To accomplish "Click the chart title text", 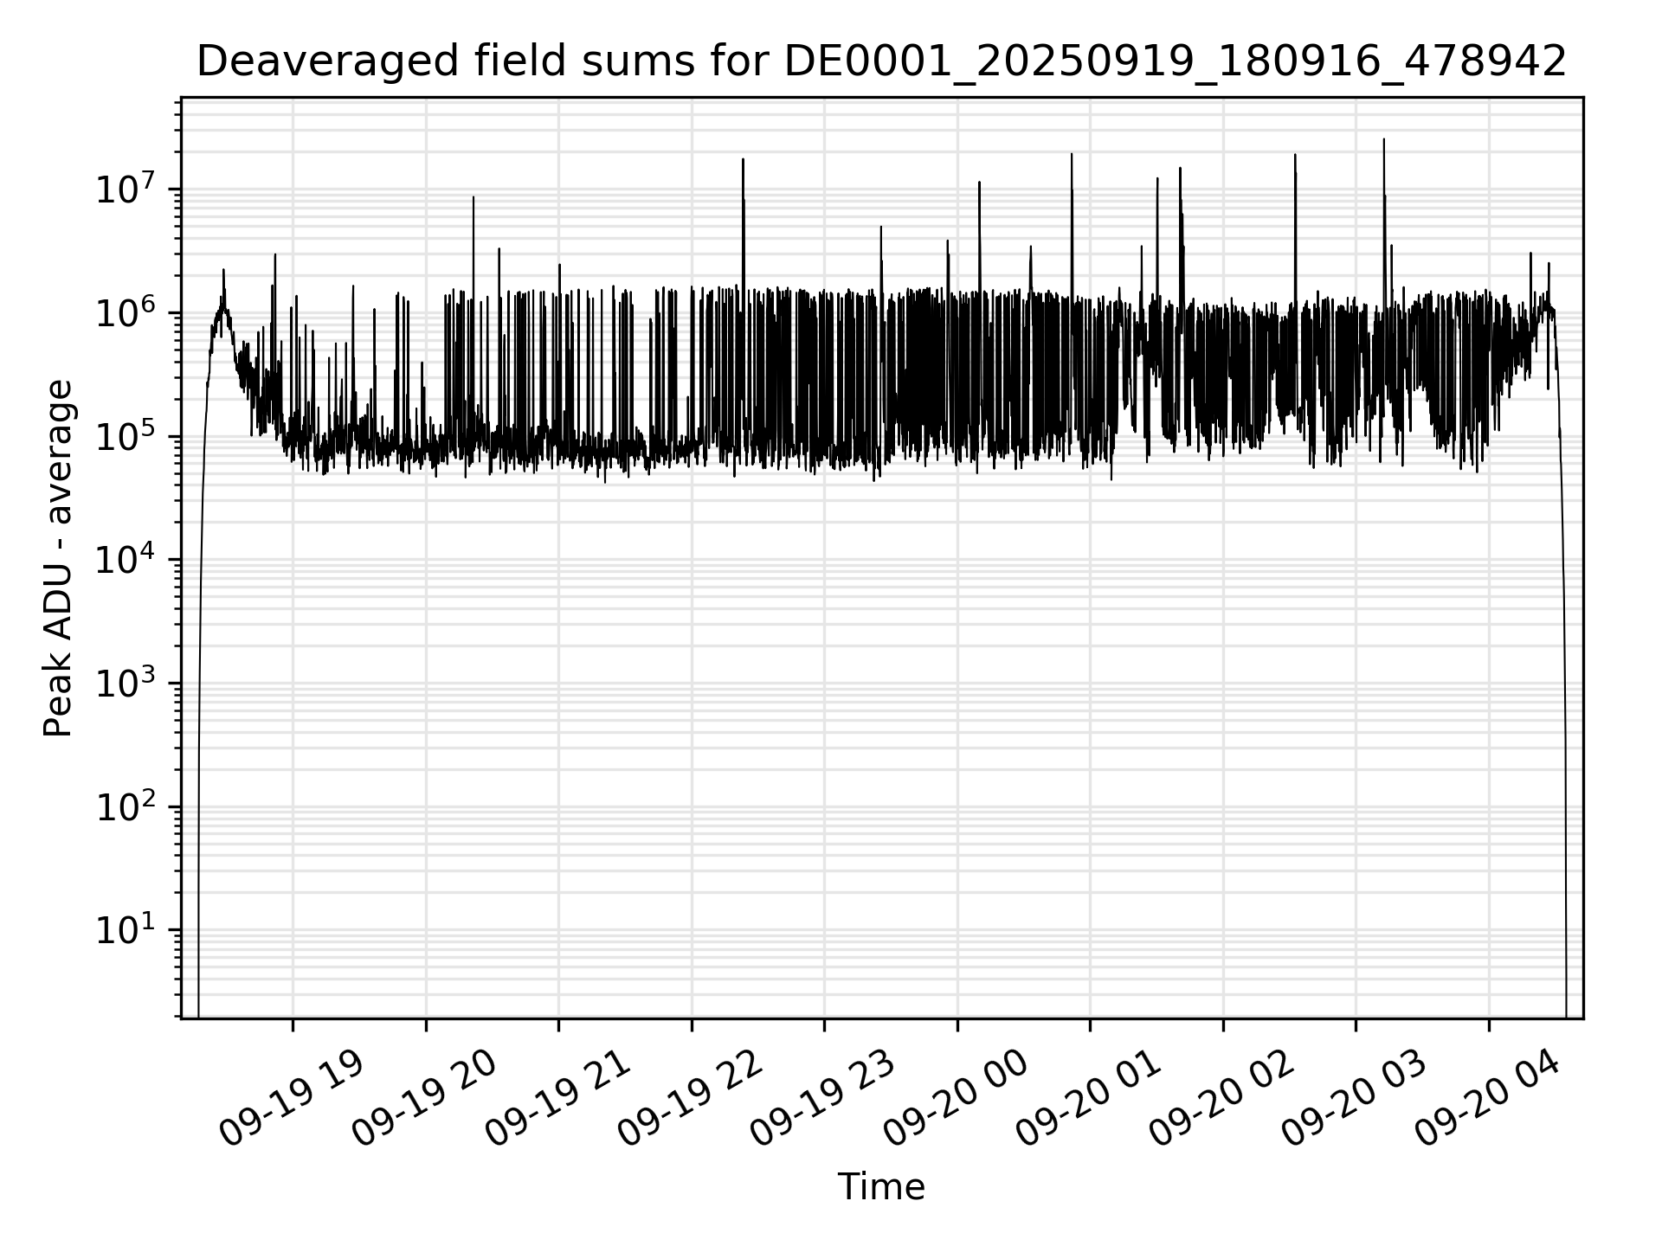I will (881, 62).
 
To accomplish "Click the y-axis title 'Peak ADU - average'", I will (59, 559).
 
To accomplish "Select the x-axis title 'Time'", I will (881, 1187).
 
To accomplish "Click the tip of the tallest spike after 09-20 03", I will (1383, 140).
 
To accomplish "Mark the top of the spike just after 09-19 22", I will (743, 160).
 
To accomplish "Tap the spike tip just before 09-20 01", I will (1072, 155).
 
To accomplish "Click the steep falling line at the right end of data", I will (1564, 692).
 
